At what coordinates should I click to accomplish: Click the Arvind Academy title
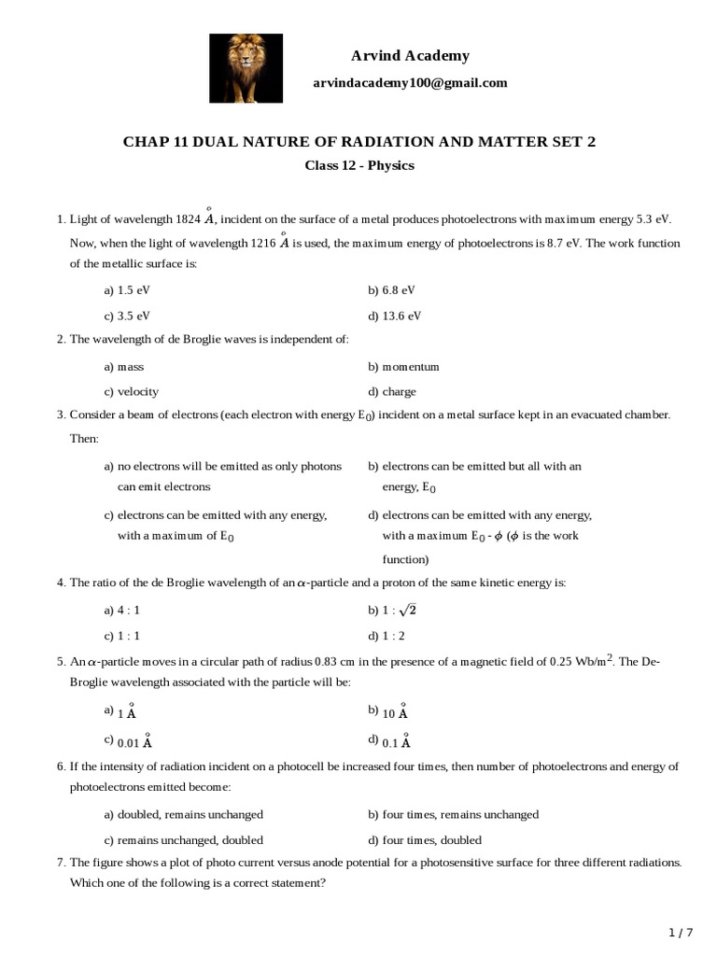[x=410, y=56]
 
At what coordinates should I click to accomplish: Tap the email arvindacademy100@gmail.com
[x=410, y=83]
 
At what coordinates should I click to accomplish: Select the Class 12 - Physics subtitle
[x=359, y=166]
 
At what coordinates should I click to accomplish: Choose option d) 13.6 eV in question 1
[x=395, y=316]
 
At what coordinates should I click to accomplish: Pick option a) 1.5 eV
[x=127, y=290]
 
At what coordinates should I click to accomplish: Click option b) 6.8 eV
[x=391, y=290]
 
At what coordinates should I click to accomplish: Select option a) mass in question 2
[x=124, y=367]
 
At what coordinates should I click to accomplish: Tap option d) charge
[x=392, y=392]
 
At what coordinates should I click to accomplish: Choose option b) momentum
[x=403, y=367]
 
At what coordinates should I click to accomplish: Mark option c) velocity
[x=132, y=392]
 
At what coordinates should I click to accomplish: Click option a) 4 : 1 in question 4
[x=122, y=610]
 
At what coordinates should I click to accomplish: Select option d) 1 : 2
[x=387, y=636]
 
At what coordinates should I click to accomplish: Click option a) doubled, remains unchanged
[x=184, y=814]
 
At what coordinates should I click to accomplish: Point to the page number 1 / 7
[x=682, y=933]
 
